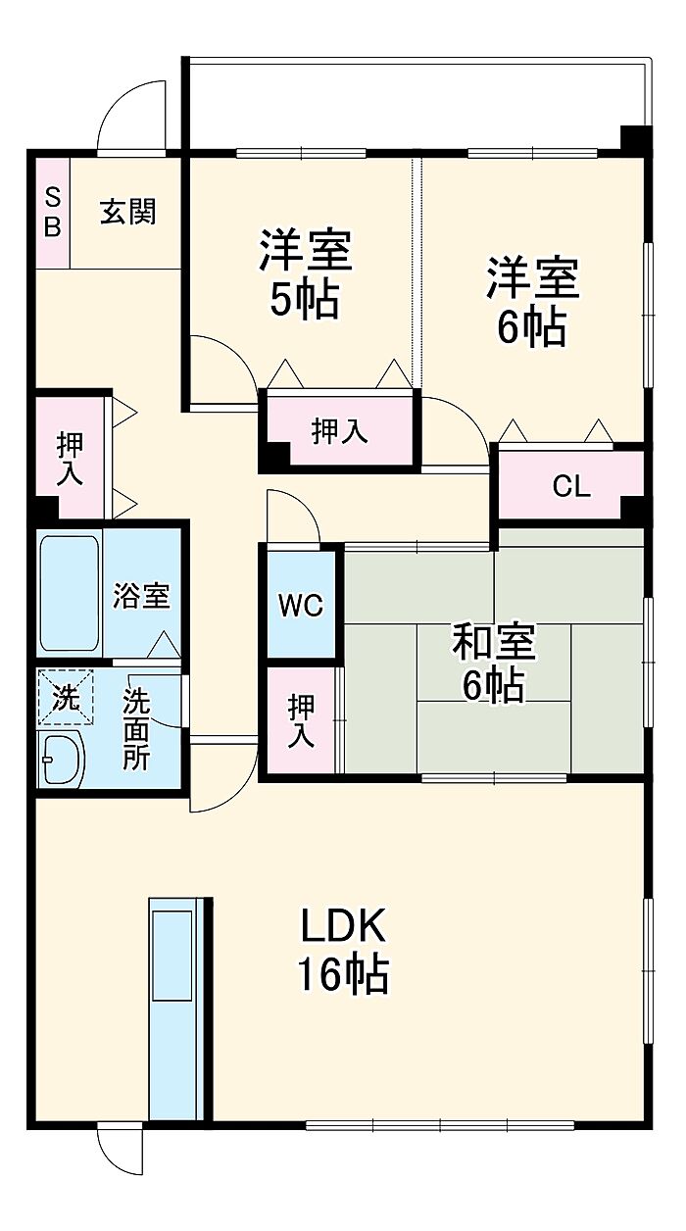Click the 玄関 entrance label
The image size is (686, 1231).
[128, 212]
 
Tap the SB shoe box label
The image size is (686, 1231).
[52, 212]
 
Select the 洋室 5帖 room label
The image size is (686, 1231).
[305, 274]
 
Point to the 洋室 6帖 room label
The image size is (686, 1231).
[532, 302]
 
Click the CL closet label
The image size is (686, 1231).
[571, 486]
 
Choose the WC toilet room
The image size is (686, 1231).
[301, 605]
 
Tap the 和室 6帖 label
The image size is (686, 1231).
[493, 664]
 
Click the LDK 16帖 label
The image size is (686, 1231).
[343, 958]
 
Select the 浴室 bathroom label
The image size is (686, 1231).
[141, 595]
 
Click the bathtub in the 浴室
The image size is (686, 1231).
[70, 594]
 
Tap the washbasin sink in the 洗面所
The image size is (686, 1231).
[63, 758]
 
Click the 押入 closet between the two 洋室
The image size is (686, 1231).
[339, 431]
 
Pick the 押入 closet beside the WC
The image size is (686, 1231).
[301, 720]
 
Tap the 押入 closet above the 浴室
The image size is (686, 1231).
[70, 459]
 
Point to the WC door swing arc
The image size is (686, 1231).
[302, 507]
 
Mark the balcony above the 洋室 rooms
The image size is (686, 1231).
[417, 103]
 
